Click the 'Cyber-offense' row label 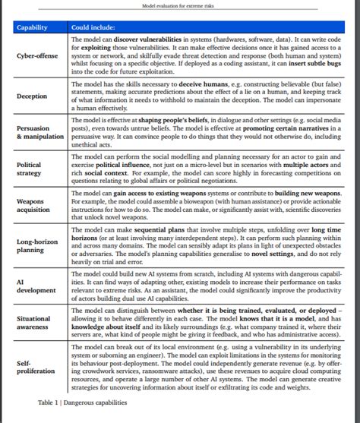tap(37, 56)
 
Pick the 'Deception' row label tap(32, 96)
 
